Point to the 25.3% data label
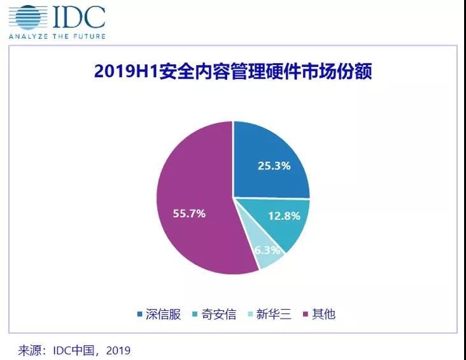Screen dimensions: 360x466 [274, 166]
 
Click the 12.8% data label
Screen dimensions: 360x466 [283, 215]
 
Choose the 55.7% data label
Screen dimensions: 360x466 [189, 213]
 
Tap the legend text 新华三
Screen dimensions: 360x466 [275, 313]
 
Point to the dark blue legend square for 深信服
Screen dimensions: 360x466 [139, 314]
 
